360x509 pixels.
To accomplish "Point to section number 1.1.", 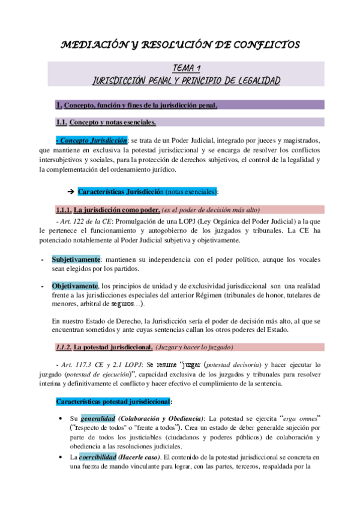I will coord(61,122).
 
